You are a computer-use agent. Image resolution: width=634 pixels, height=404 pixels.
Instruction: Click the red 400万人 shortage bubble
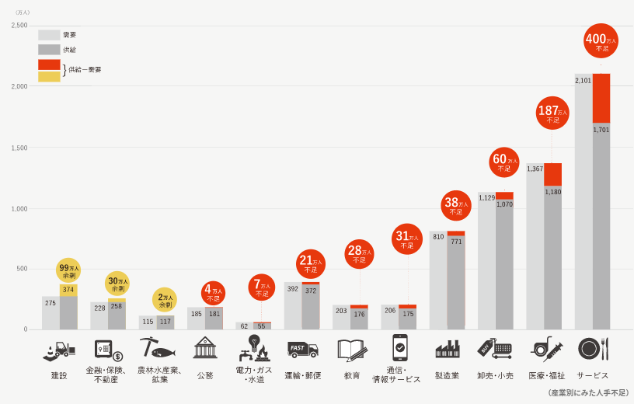click(601, 41)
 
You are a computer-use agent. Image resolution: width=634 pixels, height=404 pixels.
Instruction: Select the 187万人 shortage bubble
click(552, 113)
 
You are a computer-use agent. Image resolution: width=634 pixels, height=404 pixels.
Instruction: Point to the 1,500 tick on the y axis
click(19, 148)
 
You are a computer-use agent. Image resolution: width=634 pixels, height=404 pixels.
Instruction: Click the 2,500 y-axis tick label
click(19, 26)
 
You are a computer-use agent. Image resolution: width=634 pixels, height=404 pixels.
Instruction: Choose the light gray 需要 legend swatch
click(49, 35)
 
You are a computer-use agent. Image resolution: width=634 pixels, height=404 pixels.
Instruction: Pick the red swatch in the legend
click(49, 64)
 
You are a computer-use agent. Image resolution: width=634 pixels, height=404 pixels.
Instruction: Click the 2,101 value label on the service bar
click(583, 81)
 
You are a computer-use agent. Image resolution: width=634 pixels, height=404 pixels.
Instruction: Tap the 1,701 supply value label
click(601, 130)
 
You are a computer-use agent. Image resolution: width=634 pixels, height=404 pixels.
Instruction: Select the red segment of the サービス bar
click(601, 98)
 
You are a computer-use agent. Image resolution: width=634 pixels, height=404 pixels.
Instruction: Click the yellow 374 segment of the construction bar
click(68, 290)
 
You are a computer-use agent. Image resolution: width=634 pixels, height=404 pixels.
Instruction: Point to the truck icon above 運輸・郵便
click(302, 349)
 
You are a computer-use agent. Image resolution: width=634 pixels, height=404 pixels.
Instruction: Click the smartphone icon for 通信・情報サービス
click(400, 347)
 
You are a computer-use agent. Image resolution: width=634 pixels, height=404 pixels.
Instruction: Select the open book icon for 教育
click(352, 350)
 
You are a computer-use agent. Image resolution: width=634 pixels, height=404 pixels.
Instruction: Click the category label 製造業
click(447, 375)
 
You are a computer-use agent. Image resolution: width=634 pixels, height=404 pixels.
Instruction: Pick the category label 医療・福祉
click(547, 375)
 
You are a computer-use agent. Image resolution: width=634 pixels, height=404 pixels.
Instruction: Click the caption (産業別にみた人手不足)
click(588, 393)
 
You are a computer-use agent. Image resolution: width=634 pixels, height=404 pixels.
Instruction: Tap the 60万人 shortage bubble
click(504, 162)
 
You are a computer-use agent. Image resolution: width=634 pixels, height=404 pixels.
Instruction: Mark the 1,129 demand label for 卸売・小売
click(486, 198)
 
